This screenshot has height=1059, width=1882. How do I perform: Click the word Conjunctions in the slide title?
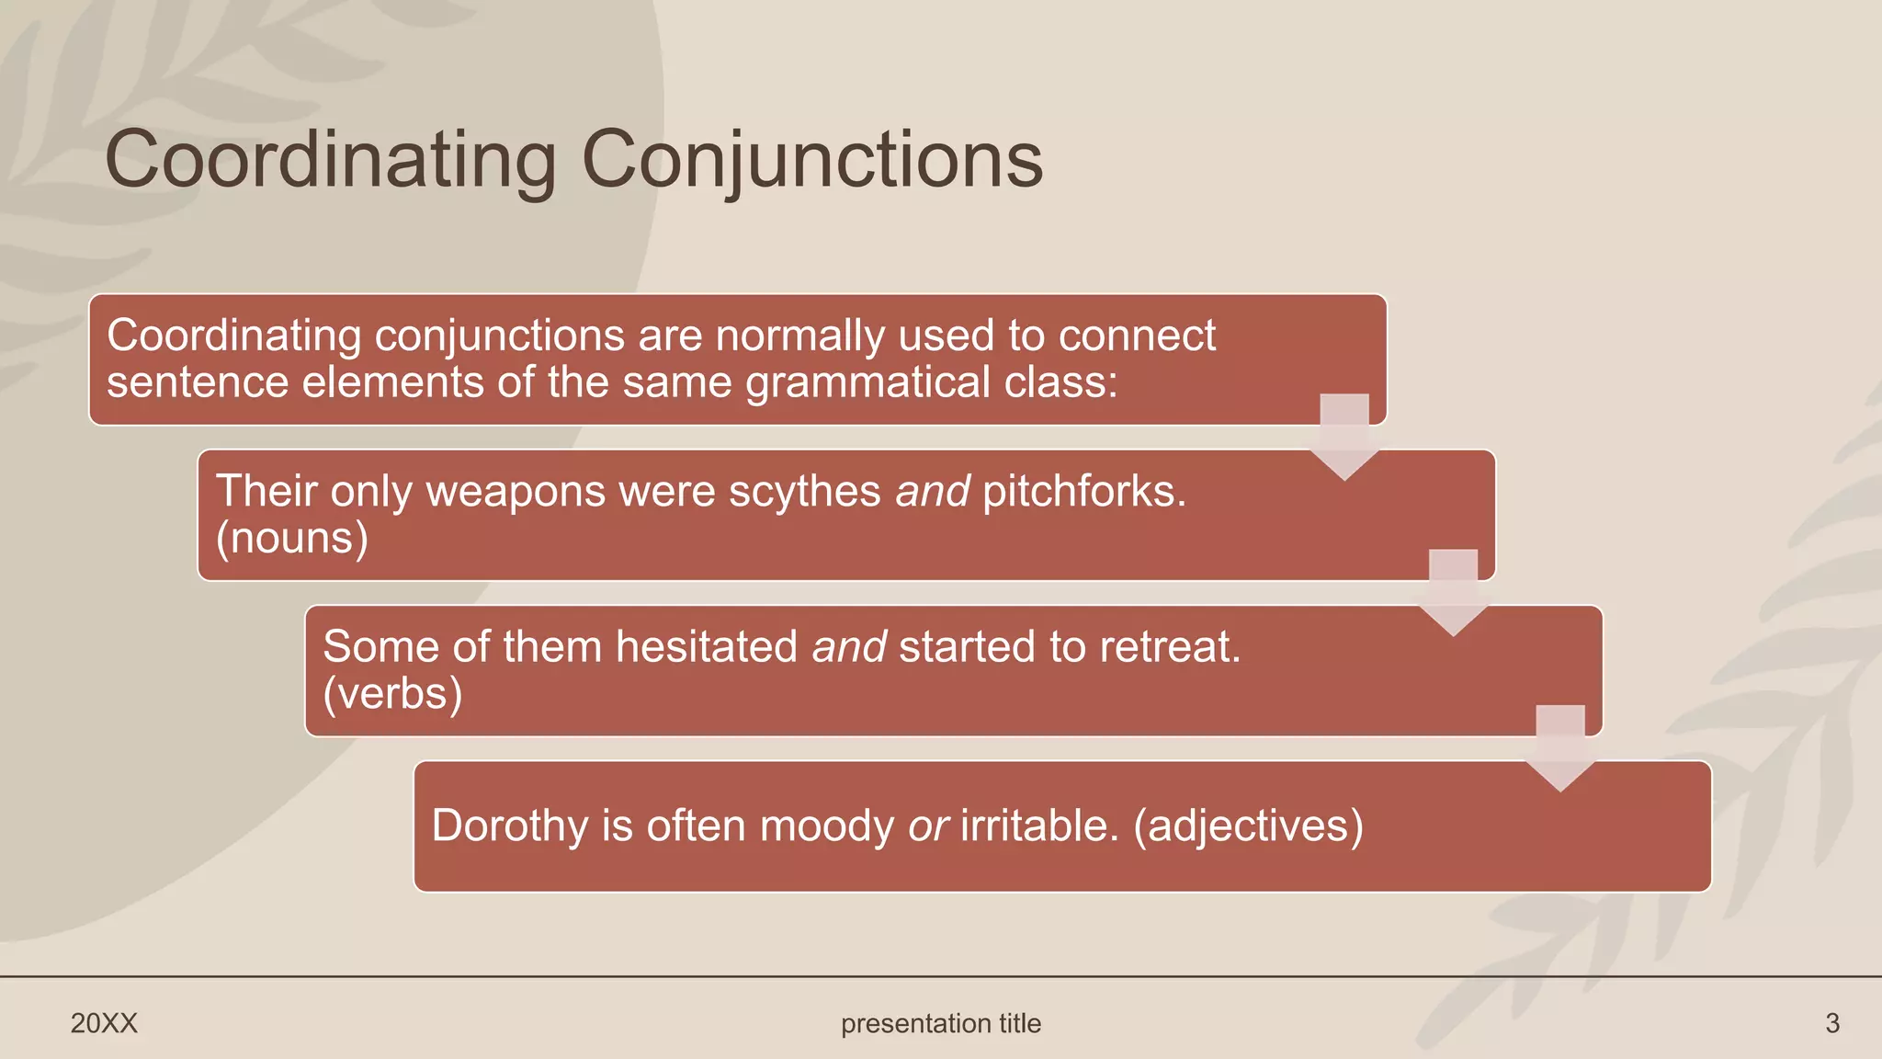coord(812,161)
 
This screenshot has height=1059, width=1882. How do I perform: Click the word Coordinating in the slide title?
coord(331,161)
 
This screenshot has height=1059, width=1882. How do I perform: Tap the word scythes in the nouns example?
coord(804,492)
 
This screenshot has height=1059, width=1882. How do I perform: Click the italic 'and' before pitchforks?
coord(932,492)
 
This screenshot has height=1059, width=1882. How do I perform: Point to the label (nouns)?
coord(291,539)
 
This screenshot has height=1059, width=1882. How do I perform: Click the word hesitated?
coord(706,647)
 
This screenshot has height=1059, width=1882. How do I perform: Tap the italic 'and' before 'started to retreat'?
coord(848,647)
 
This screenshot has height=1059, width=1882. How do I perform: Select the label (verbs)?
coord(392,694)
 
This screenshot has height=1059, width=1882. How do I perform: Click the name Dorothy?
coord(509,826)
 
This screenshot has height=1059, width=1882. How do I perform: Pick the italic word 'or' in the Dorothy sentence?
coord(927,826)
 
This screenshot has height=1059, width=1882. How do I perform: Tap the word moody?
coord(826,826)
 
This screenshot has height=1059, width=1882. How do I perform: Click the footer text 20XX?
coord(104,1023)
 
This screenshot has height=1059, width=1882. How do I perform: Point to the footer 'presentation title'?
coord(940,1023)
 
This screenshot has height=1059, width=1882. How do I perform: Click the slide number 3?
coord(1831,1023)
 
